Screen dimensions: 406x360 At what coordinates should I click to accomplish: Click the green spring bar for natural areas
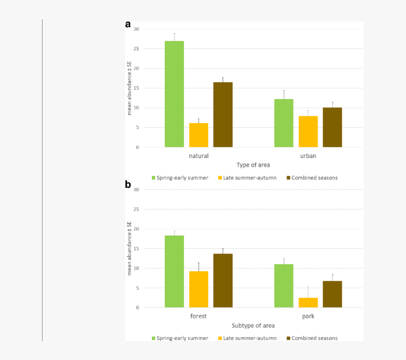click(174, 94)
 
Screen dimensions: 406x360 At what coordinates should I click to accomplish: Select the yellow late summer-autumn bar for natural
click(199, 135)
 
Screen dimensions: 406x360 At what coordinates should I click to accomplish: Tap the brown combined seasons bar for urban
click(332, 127)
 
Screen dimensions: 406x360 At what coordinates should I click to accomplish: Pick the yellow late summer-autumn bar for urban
click(308, 132)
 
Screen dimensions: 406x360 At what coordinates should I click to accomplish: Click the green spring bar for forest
click(174, 271)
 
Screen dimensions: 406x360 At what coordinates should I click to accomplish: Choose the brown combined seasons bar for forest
click(223, 281)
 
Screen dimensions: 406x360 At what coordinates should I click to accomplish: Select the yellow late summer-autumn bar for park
click(308, 302)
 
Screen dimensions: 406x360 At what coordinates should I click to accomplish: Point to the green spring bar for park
click(284, 286)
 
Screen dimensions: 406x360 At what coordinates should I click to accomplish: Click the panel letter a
click(128, 25)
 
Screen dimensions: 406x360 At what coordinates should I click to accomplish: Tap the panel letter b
click(128, 184)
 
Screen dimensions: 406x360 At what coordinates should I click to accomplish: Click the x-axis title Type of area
click(253, 165)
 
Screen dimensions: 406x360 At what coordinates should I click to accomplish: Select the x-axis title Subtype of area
click(253, 326)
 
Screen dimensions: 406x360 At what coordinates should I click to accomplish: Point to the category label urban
click(308, 156)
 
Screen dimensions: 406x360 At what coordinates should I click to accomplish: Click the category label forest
click(198, 316)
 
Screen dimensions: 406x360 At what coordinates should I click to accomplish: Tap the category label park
click(308, 316)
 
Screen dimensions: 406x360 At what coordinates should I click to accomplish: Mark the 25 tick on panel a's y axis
click(136, 49)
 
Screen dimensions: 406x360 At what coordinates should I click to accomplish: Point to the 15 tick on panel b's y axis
click(136, 249)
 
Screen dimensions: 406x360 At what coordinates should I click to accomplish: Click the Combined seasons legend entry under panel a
click(312, 178)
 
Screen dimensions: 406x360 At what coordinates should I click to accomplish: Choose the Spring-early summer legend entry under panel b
click(180, 338)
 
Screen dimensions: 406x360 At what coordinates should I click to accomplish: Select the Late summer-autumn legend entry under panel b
click(247, 338)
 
